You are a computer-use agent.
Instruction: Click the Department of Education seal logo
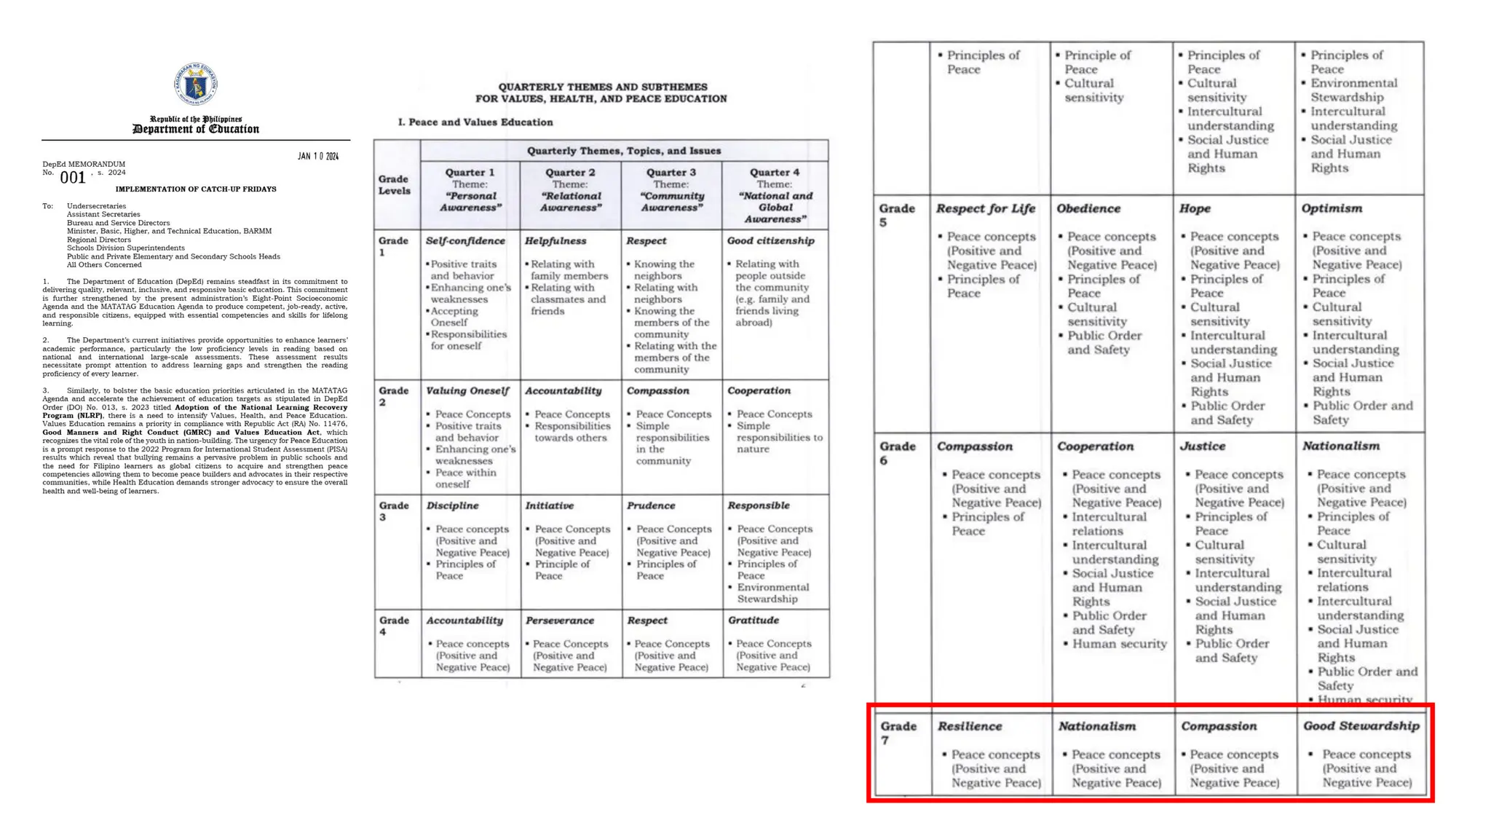click(x=195, y=84)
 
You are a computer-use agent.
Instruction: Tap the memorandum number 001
click(x=73, y=178)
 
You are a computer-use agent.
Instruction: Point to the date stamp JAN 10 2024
click(x=318, y=157)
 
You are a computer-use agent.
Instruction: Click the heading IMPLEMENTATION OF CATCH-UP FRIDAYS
click(x=196, y=189)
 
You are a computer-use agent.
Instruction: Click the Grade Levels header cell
click(x=395, y=185)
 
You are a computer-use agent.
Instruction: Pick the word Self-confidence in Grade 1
click(x=465, y=241)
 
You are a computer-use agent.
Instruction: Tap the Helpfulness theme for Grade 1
click(x=555, y=241)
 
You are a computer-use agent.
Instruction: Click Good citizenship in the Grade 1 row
click(x=770, y=241)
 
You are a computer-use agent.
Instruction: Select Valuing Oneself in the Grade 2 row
click(x=467, y=391)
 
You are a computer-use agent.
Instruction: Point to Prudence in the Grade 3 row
click(x=651, y=505)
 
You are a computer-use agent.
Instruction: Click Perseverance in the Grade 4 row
click(x=559, y=621)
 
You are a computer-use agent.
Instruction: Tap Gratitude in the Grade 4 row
click(x=753, y=621)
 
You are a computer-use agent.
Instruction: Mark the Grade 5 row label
click(x=896, y=215)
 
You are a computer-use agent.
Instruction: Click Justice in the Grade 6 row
click(x=1202, y=446)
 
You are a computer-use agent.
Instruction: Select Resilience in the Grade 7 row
click(x=970, y=726)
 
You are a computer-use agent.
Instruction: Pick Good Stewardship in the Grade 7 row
click(x=1361, y=726)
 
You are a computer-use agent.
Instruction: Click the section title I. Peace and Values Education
click(x=475, y=122)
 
